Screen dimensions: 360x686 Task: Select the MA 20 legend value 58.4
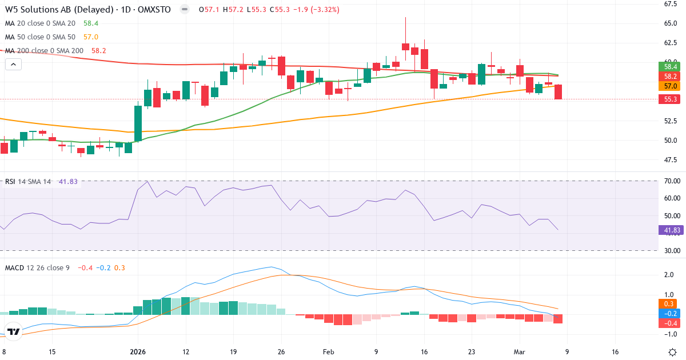coord(91,23)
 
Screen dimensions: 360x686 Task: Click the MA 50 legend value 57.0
coord(91,37)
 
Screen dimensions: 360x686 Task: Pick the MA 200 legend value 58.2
coord(98,51)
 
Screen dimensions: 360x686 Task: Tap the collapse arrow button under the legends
coord(13,65)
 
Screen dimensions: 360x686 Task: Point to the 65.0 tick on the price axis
coord(671,23)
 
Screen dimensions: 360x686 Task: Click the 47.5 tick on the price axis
coord(671,160)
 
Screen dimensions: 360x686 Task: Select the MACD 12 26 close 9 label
coord(37,267)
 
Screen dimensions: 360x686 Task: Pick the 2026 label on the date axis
coord(138,353)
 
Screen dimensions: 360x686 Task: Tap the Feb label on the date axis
coord(328,353)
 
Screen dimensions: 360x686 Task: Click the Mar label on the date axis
coord(520,353)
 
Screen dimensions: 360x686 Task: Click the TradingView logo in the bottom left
coord(14,331)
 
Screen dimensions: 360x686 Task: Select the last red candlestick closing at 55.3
coord(558,92)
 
